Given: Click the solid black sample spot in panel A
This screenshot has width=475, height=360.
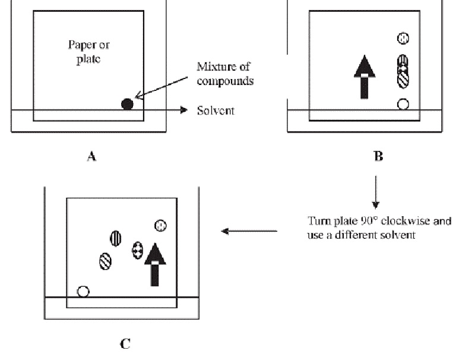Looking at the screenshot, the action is click(x=127, y=104).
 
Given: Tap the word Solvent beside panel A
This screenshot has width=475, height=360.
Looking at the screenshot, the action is click(x=216, y=110).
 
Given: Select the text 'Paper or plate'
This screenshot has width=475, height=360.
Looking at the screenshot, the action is click(x=88, y=52).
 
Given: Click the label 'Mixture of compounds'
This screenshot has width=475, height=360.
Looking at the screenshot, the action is click(x=225, y=74).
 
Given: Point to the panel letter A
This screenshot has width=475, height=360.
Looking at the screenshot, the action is click(x=91, y=156).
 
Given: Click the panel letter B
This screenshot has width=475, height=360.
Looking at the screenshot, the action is click(x=378, y=156).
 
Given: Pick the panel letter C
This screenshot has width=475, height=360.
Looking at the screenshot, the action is click(x=125, y=344).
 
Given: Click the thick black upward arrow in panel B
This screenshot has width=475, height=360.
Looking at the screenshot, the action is click(x=365, y=77).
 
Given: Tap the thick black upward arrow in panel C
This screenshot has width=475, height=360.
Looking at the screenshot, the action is click(x=155, y=264).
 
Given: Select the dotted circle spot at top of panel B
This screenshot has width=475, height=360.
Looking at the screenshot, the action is click(x=403, y=39).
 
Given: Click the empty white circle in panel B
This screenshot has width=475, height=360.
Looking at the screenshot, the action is click(x=403, y=104).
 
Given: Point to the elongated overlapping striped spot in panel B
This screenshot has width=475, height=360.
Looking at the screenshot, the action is click(x=403, y=71).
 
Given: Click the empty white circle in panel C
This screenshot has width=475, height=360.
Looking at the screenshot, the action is click(x=83, y=292).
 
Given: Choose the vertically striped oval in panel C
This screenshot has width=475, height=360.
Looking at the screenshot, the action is click(x=115, y=238).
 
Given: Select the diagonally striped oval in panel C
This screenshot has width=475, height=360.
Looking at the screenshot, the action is click(x=106, y=261).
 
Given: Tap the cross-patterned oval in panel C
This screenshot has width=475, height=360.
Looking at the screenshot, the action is click(x=138, y=250).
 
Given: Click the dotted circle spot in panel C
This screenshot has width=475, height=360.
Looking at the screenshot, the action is click(x=160, y=226).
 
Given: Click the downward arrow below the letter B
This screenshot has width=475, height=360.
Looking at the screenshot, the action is click(x=376, y=192).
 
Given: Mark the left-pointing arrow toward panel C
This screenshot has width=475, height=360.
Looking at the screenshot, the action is click(x=249, y=231).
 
